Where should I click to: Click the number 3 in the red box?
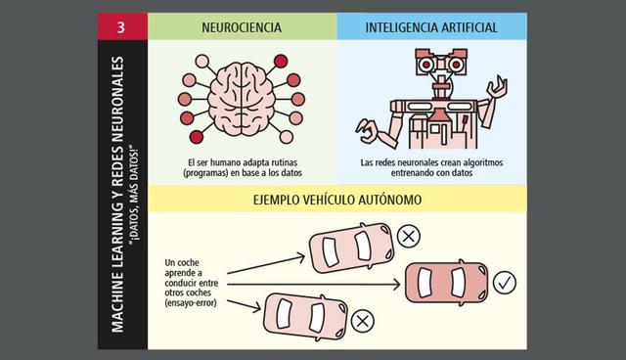pyautogui.click(x=120, y=26)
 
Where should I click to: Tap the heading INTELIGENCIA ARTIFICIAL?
pyautogui.click(x=430, y=26)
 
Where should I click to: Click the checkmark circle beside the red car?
pyautogui.click(x=505, y=284)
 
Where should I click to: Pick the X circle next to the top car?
pyautogui.click(x=408, y=235)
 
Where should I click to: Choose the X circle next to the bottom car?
pyautogui.click(x=362, y=319)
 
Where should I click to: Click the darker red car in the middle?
pyautogui.click(x=444, y=283)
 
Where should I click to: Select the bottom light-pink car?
pyautogui.click(x=303, y=314)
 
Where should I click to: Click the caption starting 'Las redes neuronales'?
pyautogui.click(x=430, y=166)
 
